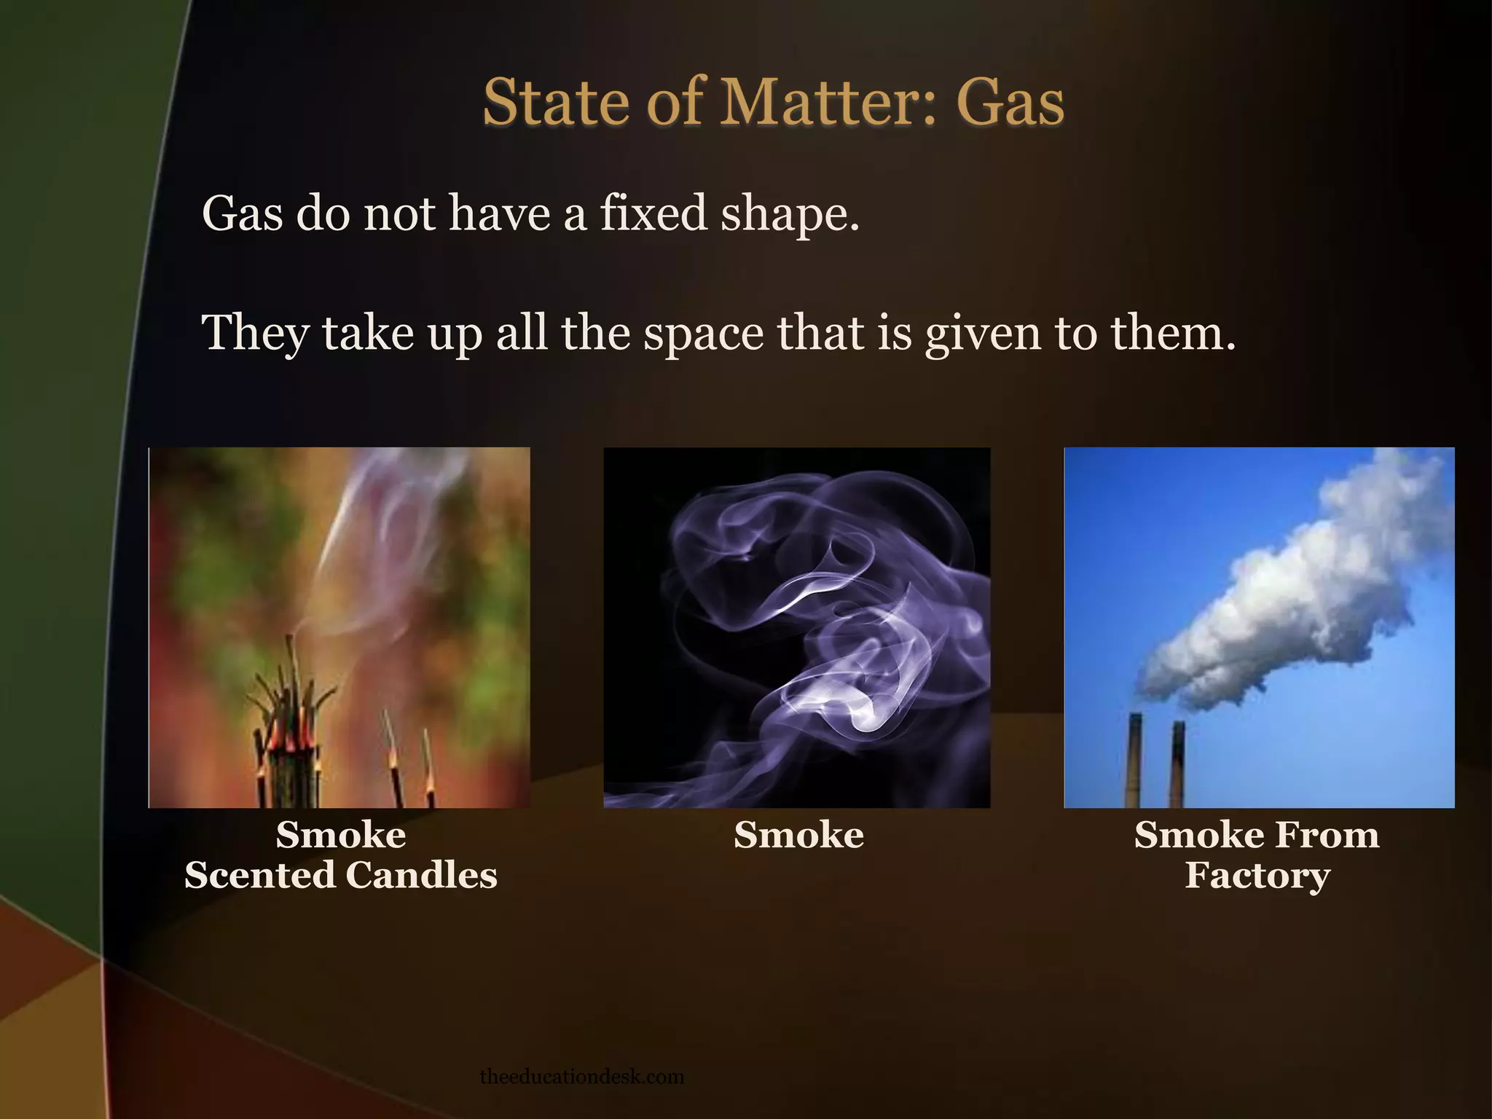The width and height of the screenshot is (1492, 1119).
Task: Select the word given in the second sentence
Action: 983,334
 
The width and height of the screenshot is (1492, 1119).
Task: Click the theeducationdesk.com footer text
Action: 582,1076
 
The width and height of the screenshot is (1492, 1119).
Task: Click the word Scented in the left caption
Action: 259,875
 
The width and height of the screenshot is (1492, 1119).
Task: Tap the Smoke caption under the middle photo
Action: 798,835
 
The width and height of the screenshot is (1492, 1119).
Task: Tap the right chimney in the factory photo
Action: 1177,762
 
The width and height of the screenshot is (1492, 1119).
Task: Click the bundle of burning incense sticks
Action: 288,736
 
